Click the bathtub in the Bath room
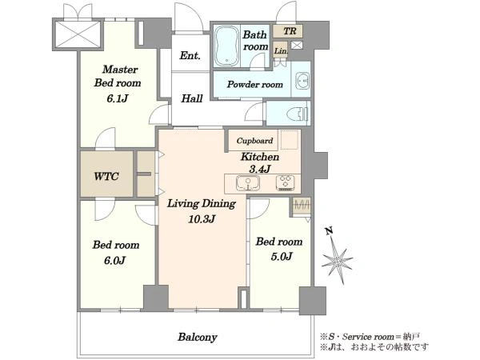pyautogui.click(x=226, y=46)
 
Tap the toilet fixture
pyautogui.click(x=298, y=114)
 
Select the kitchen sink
pyautogui.click(x=248, y=183)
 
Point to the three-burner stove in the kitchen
pyautogui.click(x=286, y=182)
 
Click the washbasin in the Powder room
pyautogui.click(x=302, y=81)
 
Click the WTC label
pyautogui.click(x=106, y=176)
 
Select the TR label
pyautogui.click(x=290, y=31)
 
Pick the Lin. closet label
pyautogui.click(x=281, y=51)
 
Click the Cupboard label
pyautogui.click(x=254, y=141)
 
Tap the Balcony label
pyautogui.click(x=198, y=338)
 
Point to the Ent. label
pyautogui.click(x=190, y=55)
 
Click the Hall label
pyautogui.click(x=192, y=98)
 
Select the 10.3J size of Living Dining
pyautogui.click(x=202, y=219)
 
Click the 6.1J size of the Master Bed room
pyautogui.click(x=118, y=98)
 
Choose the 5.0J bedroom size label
pyautogui.click(x=281, y=256)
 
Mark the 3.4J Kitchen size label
pyautogui.click(x=260, y=169)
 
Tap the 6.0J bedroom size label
pyautogui.click(x=114, y=261)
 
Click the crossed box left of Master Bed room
pyautogui.click(x=78, y=34)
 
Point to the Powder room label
pyautogui.click(x=254, y=84)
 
